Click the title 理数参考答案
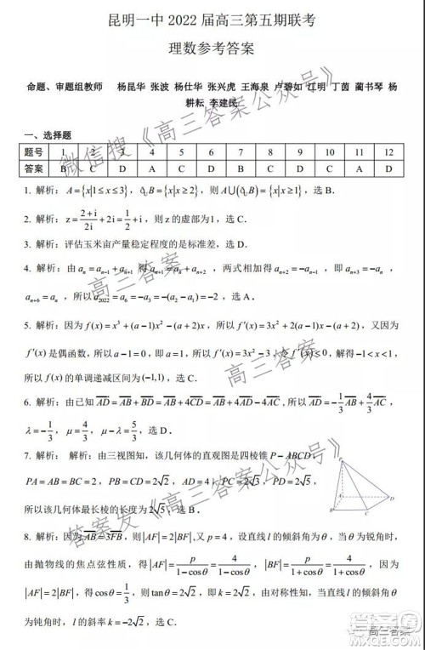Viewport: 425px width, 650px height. (212, 48)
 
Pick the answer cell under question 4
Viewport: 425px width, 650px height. (151, 168)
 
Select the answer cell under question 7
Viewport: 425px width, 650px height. (241, 168)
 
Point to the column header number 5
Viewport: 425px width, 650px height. (181, 151)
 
